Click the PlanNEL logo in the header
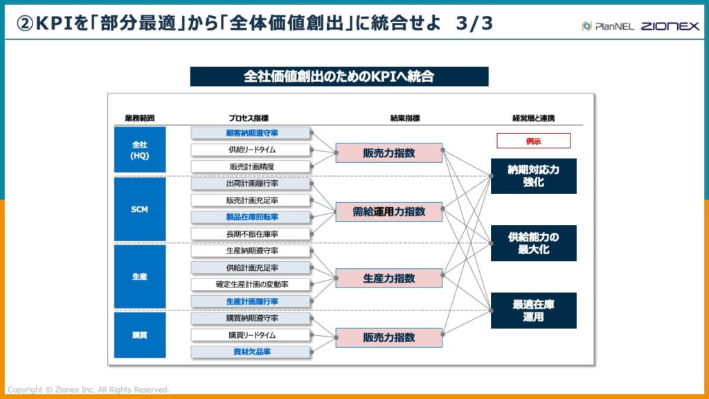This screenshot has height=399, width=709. [x=606, y=26]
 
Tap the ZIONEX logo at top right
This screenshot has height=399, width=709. [x=670, y=26]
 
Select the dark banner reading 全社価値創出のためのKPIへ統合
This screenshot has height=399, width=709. [x=339, y=76]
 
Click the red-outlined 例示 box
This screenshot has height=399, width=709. [x=533, y=141]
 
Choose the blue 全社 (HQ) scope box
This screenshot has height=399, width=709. [x=140, y=150]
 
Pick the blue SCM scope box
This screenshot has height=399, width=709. [x=140, y=209]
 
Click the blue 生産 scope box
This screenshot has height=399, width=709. [x=140, y=276]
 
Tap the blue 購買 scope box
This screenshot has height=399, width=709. [x=140, y=335]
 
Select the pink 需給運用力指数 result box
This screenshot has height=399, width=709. [x=388, y=212]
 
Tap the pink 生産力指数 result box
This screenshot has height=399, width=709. [x=388, y=278]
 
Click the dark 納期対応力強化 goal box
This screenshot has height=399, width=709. [x=533, y=176]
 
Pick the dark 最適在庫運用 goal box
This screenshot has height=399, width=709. [x=533, y=310]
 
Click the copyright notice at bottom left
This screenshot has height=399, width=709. [x=89, y=390]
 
